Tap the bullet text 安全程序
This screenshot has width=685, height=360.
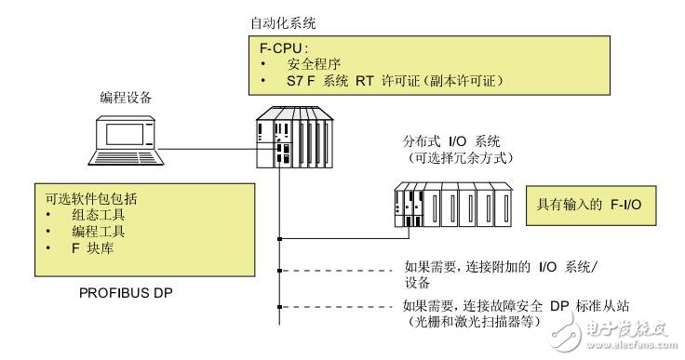tap(313, 64)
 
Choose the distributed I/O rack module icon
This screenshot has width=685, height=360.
tap(448, 205)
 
